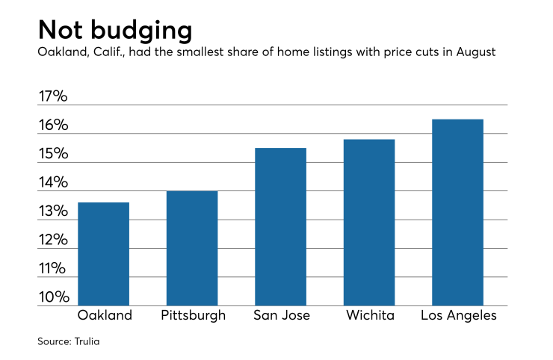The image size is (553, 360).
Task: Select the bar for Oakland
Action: point(103,254)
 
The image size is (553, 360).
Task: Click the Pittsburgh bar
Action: point(192,248)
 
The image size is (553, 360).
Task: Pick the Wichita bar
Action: point(369,223)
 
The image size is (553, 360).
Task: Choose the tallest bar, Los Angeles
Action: point(457,212)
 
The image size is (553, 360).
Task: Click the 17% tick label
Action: point(53,97)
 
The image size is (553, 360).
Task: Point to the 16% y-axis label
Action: point(53,125)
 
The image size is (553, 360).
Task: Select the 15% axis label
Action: point(53,155)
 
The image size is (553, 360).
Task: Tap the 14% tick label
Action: point(53,183)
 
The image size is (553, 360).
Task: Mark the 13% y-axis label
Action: point(53,212)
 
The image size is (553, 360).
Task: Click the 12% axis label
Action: point(53,240)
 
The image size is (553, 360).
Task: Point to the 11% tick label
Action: point(53,269)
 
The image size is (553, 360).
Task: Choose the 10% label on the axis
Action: point(53,297)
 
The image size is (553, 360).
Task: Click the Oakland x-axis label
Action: point(104,315)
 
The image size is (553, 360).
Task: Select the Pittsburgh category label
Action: point(193,315)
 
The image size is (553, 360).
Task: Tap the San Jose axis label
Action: point(280,315)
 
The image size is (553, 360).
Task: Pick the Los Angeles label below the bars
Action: point(458,315)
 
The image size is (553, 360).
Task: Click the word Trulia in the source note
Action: point(87,341)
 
